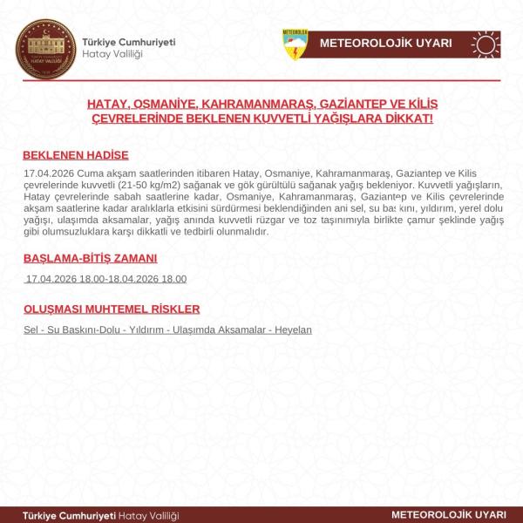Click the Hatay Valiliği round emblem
[42, 48]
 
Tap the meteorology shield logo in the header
[295, 44]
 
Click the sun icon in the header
[485, 44]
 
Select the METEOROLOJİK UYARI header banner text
[385, 44]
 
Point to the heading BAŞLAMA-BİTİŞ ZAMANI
[90, 259]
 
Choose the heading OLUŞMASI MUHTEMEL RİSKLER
[112, 309]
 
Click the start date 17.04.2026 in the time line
[52, 279]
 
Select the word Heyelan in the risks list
[294, 330]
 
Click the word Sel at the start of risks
[31, 330]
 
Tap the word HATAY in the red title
[107, 104]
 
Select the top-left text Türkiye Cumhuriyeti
[129, 42]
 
